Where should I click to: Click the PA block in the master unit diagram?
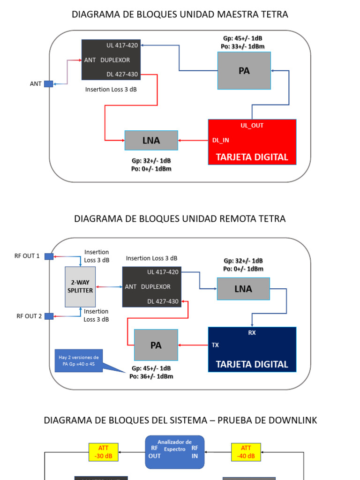tap(244, 71)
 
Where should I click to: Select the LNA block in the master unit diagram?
tap(151, 140)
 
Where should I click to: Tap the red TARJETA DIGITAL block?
tap(252, 142)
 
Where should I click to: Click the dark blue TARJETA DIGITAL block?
tap(252, 349)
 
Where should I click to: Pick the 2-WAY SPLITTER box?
tap(80, 286)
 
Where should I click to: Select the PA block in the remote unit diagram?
tap(156, 345)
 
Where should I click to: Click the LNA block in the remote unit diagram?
tap(243, 289)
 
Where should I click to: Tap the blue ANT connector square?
tap(49, 84)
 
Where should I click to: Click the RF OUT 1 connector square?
tap(49, 256)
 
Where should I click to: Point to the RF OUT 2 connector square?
tap(49, 316)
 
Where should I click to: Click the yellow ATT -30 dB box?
tap(103, 452)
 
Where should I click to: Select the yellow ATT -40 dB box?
tap(246, 452)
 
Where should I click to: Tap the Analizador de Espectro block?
tap(174, 452)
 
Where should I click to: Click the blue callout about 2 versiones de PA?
tap(78, 360)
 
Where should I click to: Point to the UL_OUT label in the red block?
tap(252, 126)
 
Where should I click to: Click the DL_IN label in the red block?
tap(221, 140)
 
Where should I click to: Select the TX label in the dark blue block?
tap(215, 345)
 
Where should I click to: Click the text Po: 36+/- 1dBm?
tap(151, 376)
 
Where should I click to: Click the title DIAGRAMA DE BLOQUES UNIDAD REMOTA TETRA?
tap(180, 219)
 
